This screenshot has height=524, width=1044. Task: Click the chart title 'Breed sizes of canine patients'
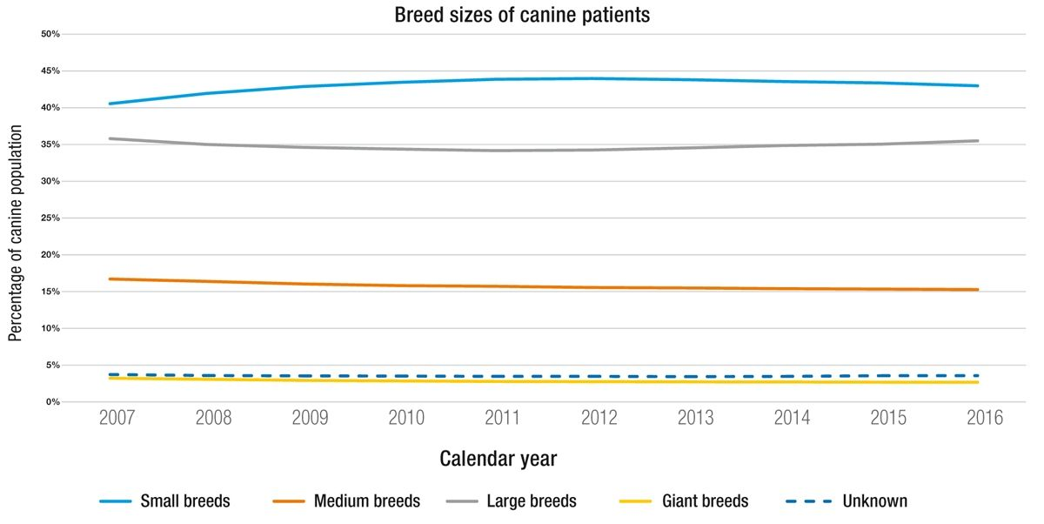(x=521, y=15)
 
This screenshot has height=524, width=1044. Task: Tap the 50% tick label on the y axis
(x=50, y=34)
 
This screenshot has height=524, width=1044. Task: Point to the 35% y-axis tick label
(x=50, y=144)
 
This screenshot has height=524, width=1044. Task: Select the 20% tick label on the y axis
(x=50, y=255)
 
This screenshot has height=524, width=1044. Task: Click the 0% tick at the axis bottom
(x=52, y=402)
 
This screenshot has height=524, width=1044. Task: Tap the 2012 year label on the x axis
(x=599, y=419)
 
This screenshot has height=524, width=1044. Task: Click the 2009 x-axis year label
(x=311, y=419)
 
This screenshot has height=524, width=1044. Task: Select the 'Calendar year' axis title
(x=498, y=458)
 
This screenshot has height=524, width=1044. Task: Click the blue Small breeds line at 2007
(x=110, y=104)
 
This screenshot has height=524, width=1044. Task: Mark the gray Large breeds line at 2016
(x=978, y=141)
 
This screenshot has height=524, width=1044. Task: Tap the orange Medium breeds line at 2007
(x=110, y=279)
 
